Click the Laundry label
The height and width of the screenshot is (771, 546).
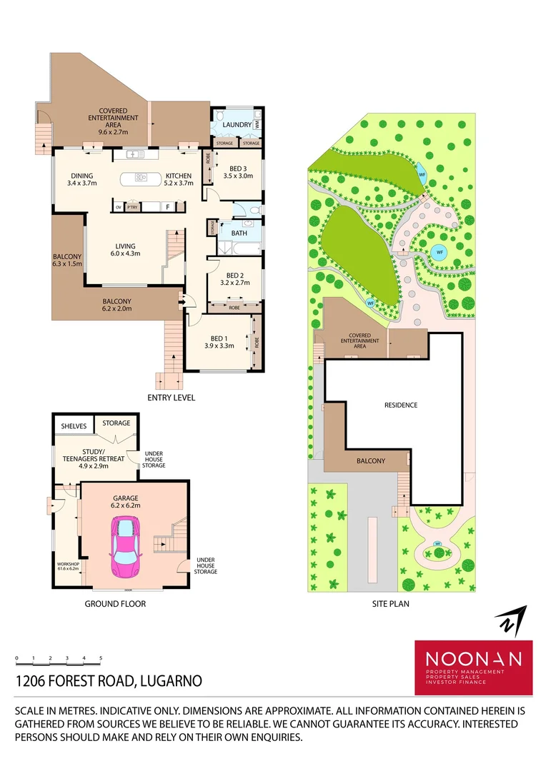(x=237, y=125)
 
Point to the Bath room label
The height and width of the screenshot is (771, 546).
(x=239, y=233)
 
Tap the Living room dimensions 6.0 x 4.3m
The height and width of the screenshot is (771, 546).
(x=125, y=253)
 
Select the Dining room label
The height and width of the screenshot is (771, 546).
(x=81, y=176)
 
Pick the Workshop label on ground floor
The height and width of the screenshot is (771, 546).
(x=69, y=564)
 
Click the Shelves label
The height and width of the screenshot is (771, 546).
(x=74, y=426)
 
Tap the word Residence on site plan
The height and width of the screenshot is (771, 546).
(x=401, y=405)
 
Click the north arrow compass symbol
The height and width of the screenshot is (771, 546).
(x=511, y=620)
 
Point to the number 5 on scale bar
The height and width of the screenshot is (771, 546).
(x=101, y=657)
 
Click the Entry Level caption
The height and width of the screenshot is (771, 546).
(x=171, y=398)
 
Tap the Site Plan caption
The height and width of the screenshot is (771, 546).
(x=390, y=603)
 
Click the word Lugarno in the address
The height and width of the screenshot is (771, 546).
(x=169, y=681)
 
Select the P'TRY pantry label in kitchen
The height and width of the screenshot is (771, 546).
(x=131, y=208)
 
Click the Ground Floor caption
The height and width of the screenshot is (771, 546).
(x=115, y=603)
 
